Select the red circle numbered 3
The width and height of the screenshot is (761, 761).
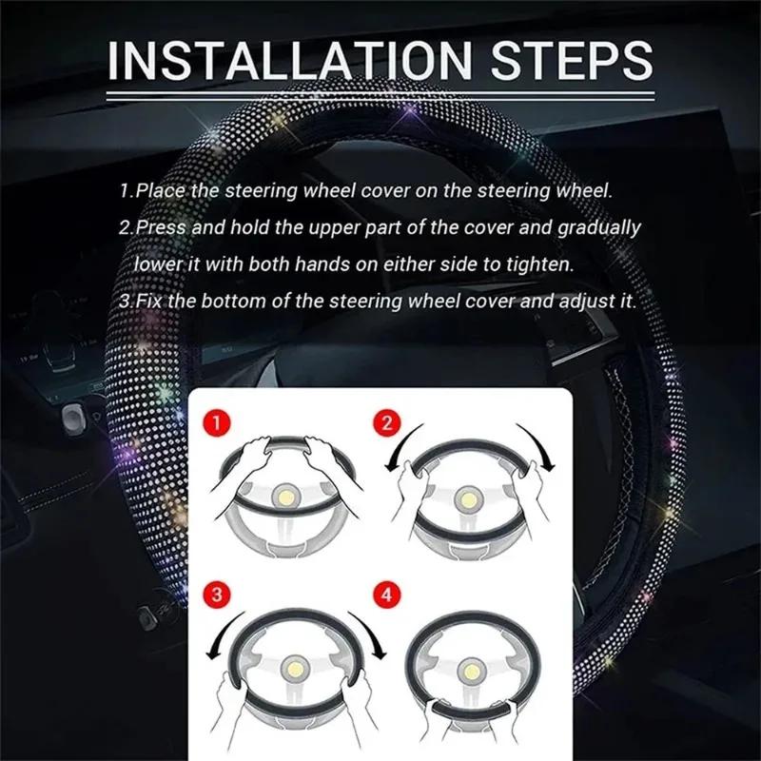217,595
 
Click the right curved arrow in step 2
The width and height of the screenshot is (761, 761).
544,447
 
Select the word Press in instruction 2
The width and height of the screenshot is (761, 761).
162,228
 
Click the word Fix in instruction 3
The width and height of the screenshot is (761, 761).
150,301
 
